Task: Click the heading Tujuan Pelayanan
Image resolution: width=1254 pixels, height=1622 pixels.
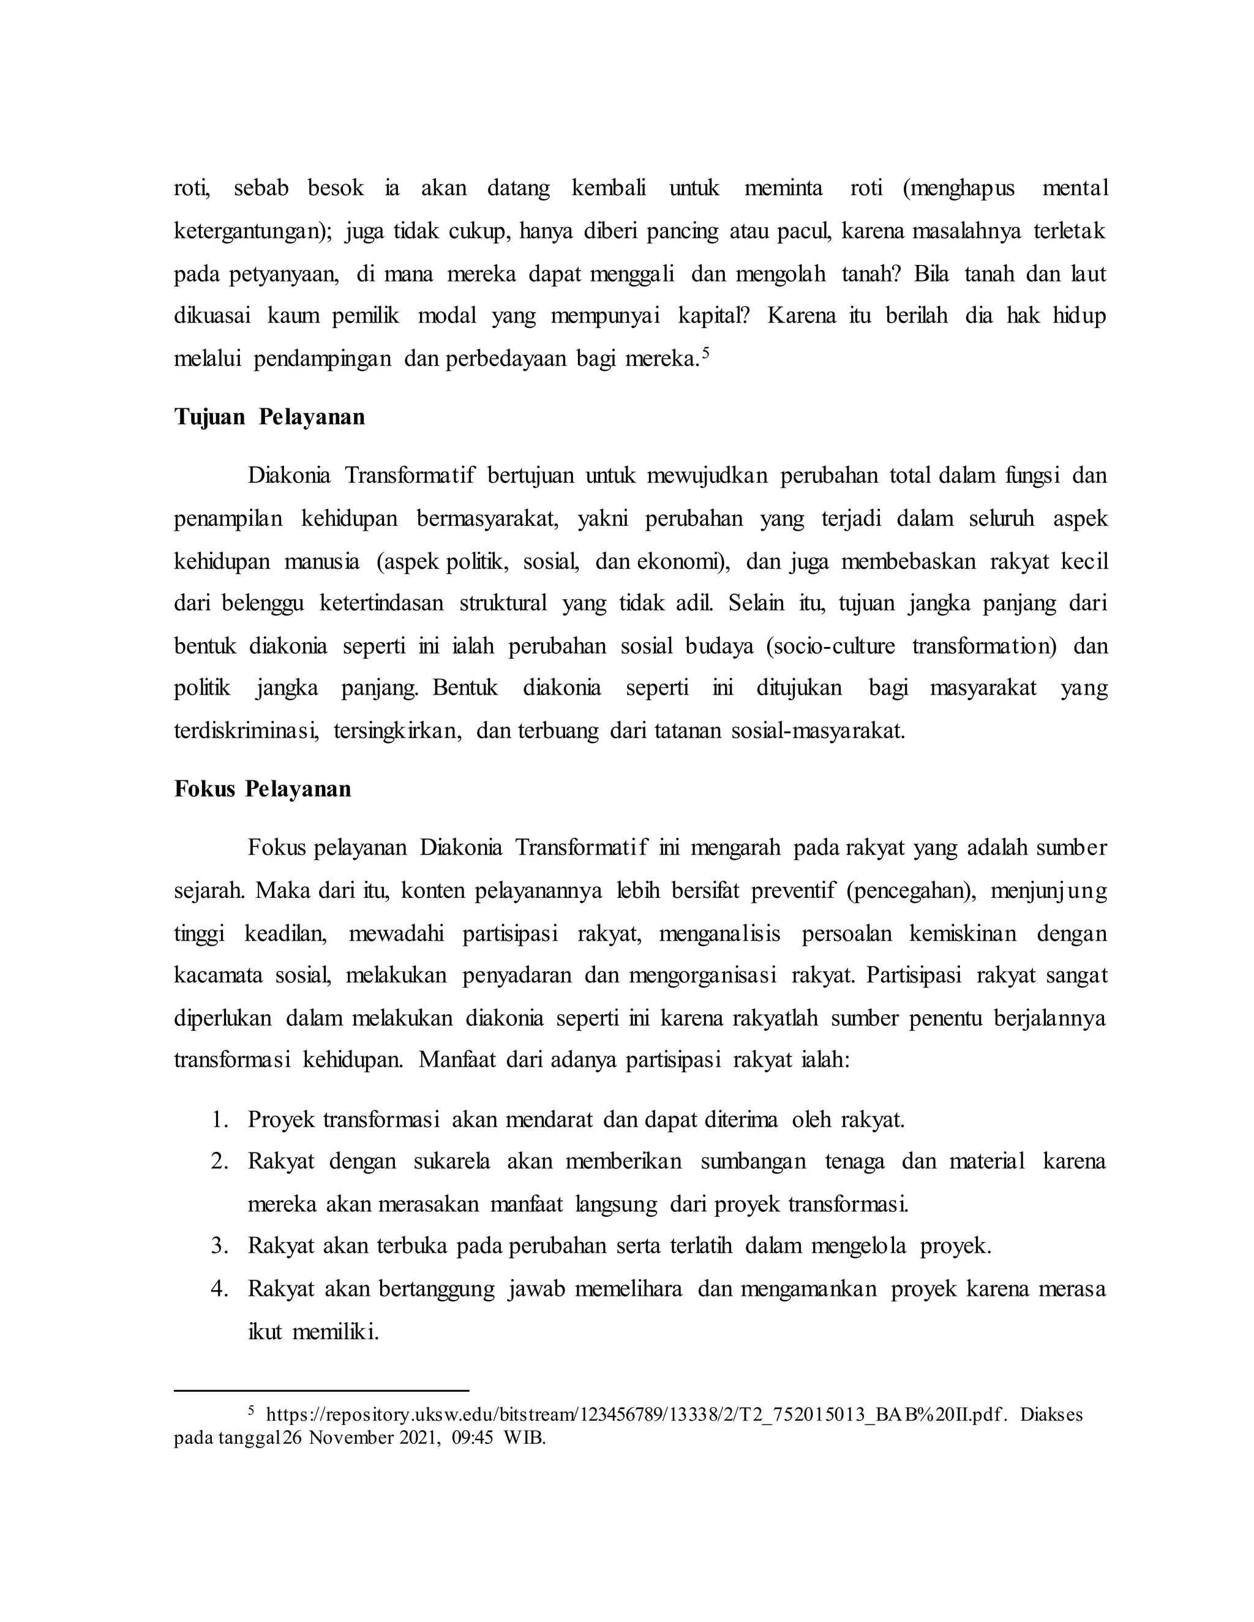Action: point(269,417)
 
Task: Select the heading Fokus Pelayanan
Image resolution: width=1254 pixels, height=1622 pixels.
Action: point(262,789)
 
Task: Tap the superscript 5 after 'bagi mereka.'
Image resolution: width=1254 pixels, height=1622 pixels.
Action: point(706,354)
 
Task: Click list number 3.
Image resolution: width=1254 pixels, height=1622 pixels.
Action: point(219,1246)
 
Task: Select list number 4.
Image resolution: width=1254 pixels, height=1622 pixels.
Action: point(219,1288)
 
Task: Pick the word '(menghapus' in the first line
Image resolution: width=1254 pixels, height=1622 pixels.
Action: point(958,189)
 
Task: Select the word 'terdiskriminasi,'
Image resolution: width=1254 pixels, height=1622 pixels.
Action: point(246,731)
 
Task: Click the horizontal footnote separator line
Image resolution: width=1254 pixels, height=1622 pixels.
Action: point(321,1390)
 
